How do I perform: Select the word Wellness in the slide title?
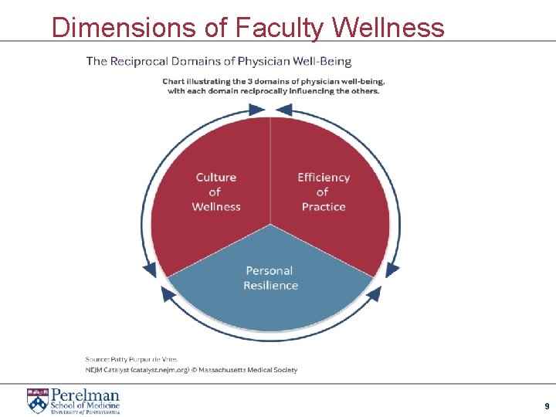pos(389,28)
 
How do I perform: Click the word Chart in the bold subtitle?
pos(175,81)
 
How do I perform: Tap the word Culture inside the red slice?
pos(215,178)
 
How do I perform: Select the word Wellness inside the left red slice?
pos(215,207)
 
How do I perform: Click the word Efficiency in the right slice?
pos(324,178)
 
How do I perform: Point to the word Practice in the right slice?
pos(324,207)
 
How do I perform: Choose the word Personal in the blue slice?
pos(270,270)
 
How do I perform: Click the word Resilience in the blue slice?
pos(270,286)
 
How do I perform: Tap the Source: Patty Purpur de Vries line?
pos(131,359)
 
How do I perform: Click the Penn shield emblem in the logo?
pos(37,401)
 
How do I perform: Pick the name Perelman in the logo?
pos(85,395)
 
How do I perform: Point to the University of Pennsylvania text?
pos(86,412)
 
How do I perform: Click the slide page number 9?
pos(547,406)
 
